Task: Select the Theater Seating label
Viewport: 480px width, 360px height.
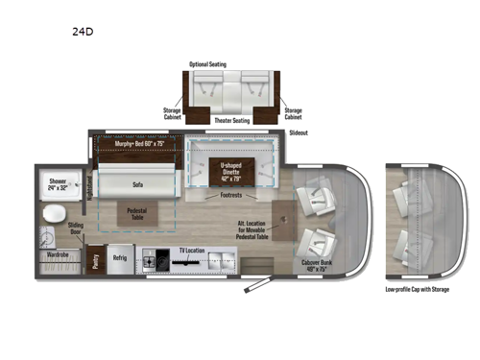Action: (x=231, y=120)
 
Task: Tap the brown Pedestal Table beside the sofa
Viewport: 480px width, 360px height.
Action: (x=135, y=213)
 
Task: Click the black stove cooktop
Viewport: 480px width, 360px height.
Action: (x=154, y=257)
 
